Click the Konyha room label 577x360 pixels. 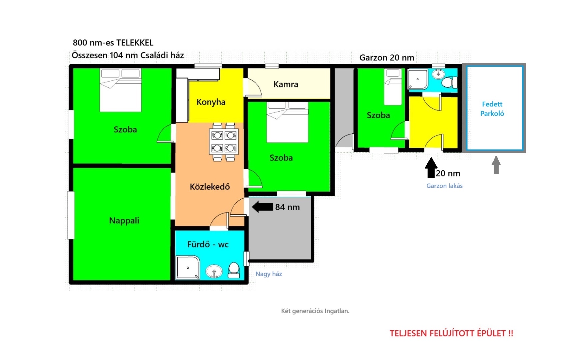(x=211, y=102)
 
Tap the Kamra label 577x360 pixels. (x=286, y=84)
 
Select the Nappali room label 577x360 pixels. (x=124, y=221)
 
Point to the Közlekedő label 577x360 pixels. (x=210, y=186)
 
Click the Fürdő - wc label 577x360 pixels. (x=208, y=244)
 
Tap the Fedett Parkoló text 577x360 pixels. (x=492, y=109)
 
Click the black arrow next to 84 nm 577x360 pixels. (x=262, y=207)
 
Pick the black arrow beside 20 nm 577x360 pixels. (x=431, y=168)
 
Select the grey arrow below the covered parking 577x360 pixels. (x=496, y=165)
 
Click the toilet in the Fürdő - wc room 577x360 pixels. (x=234, y=270)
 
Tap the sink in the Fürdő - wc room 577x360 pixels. (x=214, y=271)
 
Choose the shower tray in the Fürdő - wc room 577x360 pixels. (x=187, y=267)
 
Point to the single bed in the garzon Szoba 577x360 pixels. (x=393, y=87)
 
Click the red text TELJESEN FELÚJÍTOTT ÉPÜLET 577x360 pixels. (x=451, y=333)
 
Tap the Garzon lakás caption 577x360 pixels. (x=444, y=186)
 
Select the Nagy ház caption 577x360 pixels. (x=269, y=274)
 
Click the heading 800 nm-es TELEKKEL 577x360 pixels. (x=113, y=43)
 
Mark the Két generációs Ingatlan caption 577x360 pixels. (x=315, y=311)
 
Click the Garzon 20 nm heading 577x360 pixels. (x=387, y=58)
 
